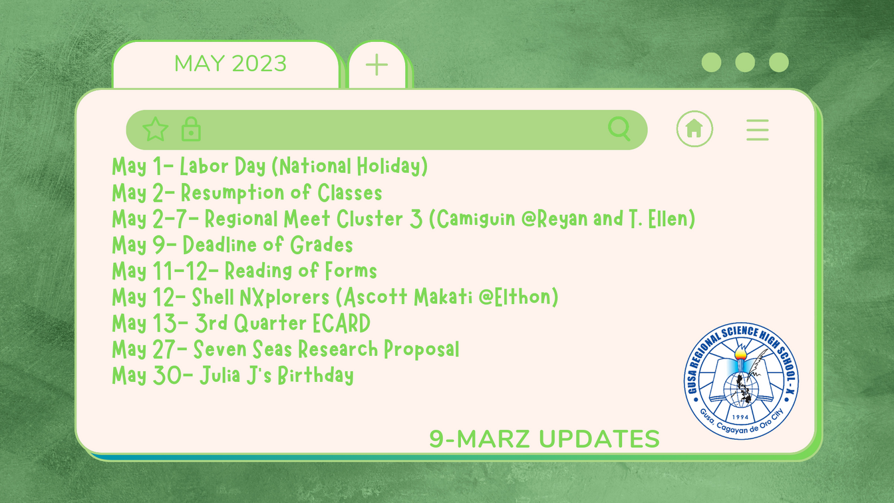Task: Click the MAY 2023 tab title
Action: tap(230, 63)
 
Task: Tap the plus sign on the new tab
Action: tap(376, 65)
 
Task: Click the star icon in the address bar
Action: tap(155, 129)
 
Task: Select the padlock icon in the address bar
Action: tap(191, 129)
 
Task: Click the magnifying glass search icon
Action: tap(619, 129)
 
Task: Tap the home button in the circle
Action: tap(694, 128)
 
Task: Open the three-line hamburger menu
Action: tap(758, 130)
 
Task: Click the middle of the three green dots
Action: tap(745, 63)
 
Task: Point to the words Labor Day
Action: tap(223, 166)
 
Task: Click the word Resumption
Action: tap(232, 193)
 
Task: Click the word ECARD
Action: tap(341, 323)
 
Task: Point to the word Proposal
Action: tap(422, 349)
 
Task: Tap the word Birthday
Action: tap(316, 375)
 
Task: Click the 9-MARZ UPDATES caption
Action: tap(544, 438)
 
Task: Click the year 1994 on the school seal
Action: tap(740, 417)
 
